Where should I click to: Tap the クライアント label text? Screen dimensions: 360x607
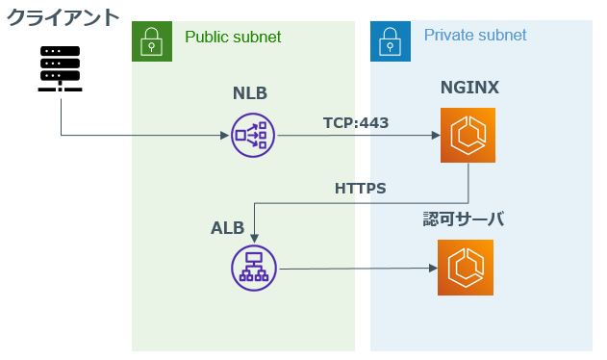coord(63,17)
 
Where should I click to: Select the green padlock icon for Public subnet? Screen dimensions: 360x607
coord(151,39)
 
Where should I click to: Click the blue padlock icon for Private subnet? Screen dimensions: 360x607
coord(390,39)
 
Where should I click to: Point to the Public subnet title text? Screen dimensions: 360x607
coord(232,37)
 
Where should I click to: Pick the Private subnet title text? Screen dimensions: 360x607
coord(475,35)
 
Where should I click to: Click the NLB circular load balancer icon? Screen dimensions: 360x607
coord(253,135)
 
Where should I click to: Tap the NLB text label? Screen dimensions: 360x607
coord(250,93)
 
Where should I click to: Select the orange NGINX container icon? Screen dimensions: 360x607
coord(468,136)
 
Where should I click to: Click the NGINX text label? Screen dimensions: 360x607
coord(469,89)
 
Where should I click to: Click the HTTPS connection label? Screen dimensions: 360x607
coord(360,189)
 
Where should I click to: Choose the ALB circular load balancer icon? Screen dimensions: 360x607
coord(254,268)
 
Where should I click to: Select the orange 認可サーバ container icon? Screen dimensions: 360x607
coord(465,267)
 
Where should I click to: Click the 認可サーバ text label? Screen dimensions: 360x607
coord(464,220)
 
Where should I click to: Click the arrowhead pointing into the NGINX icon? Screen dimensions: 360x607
coord(434,136)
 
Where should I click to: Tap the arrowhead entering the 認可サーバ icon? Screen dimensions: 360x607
coord(431,268)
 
